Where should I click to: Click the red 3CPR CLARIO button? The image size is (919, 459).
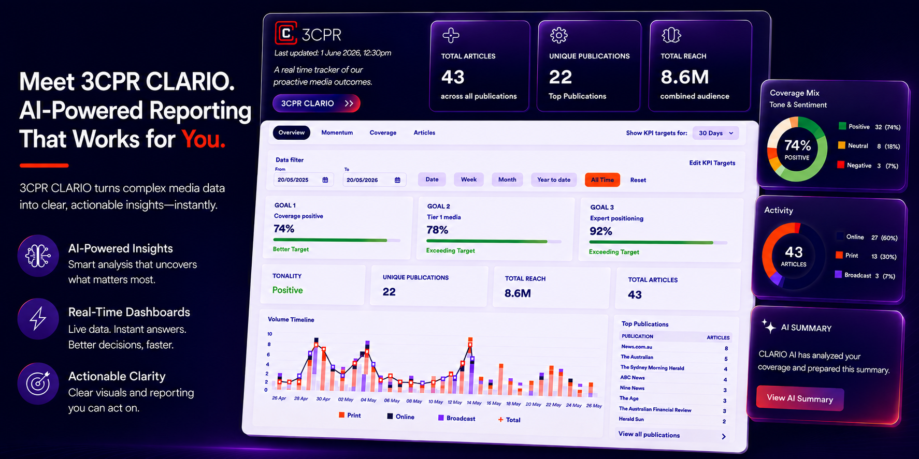point(316,103)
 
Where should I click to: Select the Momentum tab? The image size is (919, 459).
point(337,133)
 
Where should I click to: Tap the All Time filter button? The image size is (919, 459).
point(602,180)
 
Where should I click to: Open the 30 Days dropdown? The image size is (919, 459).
point(716,133)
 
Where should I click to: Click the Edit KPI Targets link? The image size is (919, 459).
point(712,163)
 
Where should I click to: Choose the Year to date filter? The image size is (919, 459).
point(554,180)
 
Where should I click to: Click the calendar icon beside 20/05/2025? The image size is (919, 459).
point(325,180)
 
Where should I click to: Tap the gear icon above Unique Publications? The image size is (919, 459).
point(559,35)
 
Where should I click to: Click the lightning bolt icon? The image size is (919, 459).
point(38,319)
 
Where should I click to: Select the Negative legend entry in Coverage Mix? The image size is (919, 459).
point(868,166)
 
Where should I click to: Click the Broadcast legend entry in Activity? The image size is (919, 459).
point(865,275)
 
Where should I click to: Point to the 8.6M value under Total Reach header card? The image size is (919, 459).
point(684,77)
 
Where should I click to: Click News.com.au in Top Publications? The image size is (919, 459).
point(637,347)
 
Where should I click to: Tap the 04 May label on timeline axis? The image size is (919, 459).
point(368,400)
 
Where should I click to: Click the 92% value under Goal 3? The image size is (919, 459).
point(601,231)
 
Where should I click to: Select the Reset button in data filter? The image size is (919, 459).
point(638,180)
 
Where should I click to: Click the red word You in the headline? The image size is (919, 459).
point(203,139)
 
